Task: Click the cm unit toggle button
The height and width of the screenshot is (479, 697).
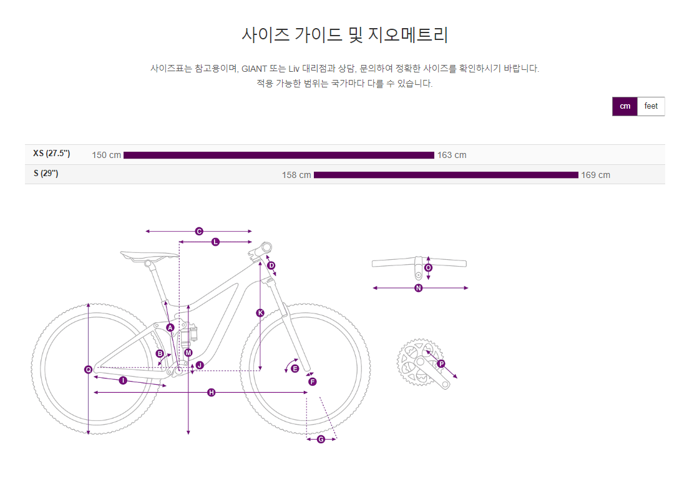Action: coord(625,106)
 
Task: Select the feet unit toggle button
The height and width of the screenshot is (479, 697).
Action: coord(651,106)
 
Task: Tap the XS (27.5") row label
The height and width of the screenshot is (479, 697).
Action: coord(52,154)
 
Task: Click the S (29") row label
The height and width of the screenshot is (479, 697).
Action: coord(46,174)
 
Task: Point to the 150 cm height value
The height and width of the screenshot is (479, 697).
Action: coord(106,155)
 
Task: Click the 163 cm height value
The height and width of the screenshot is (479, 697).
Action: coord(452,155)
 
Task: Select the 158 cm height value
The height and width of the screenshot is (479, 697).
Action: coord(296,175)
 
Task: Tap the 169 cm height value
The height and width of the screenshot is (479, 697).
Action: coord(595,175)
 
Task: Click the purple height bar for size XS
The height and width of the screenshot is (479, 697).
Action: coord(278,155)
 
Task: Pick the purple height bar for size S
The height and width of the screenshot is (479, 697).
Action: coord(446,175)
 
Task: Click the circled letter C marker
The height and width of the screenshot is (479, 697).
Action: coord(199,231)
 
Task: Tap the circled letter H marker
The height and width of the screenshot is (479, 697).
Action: coord(211,392)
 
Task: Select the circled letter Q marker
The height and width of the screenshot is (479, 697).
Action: coord(89,370)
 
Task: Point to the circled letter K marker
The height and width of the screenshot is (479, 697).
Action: coord(260,313)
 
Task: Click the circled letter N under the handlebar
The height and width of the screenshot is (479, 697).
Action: coord(419,288)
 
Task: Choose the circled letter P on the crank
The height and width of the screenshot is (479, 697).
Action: coord(441,363)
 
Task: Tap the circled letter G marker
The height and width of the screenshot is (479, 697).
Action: coord(321,439)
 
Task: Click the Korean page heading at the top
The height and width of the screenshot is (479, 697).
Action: coord(344,35)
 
